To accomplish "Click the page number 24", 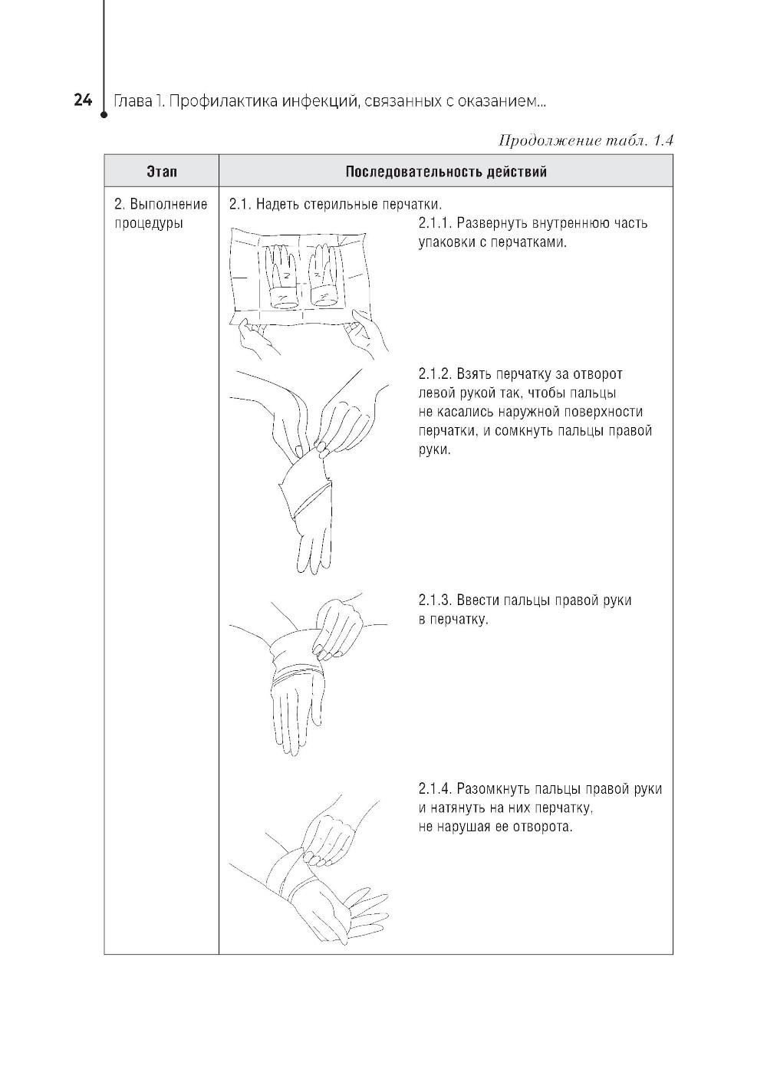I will point(83,100).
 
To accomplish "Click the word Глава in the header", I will point(132,100).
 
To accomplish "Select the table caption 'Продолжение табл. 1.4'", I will point(585,140).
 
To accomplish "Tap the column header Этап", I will point(161,171).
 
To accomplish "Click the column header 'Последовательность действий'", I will point(446,171).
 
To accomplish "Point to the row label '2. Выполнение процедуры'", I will point(160,214).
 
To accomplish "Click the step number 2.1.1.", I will point(434,223).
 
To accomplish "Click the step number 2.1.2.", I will point(434,374).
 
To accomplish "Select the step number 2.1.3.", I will point(434,600).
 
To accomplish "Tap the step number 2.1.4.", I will point(435,789).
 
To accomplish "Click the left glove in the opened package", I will point(281,275).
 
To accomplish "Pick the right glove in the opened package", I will point(324,275).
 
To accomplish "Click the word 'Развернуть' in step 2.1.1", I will point(492,223).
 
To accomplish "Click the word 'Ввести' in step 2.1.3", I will point(477,600).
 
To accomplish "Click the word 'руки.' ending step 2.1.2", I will point(435,449).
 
